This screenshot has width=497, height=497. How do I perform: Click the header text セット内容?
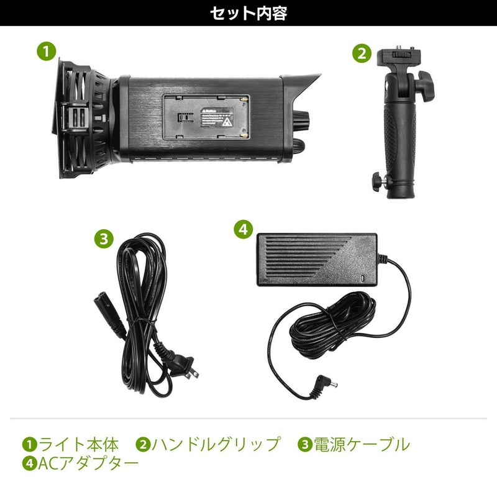coord(248,13)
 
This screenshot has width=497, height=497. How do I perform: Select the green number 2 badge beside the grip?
coord(362,53)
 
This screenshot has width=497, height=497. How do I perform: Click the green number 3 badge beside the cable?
coord(104,238)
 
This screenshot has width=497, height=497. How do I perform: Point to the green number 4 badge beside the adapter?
coord(243,229)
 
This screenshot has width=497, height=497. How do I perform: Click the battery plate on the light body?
coord(206,118)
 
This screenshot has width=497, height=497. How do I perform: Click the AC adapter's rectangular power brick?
coord(317,258)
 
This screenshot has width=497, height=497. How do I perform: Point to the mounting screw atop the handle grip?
coord(400,50)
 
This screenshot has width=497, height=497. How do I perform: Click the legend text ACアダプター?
coord(87,463)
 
